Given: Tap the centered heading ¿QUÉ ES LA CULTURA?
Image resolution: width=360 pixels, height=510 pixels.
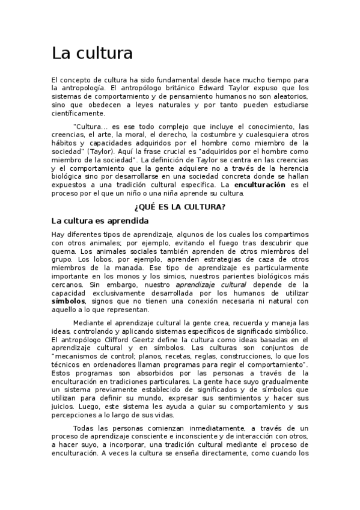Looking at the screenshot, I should coord(180,207).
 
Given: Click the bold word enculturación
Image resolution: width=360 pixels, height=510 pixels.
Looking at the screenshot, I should coord(260,185).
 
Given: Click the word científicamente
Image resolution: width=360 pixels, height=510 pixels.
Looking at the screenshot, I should coord(78,113).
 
